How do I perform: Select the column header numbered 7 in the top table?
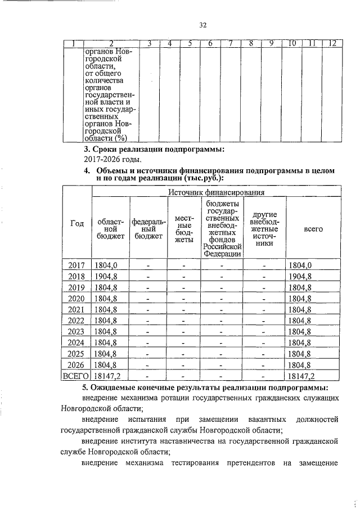[230, 44]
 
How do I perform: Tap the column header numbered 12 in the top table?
[332, 44]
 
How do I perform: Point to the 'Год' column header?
[76, 224]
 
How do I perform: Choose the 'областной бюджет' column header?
[111, 229]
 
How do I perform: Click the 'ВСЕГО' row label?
[76, 376]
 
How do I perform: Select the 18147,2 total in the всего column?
[301, 376]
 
